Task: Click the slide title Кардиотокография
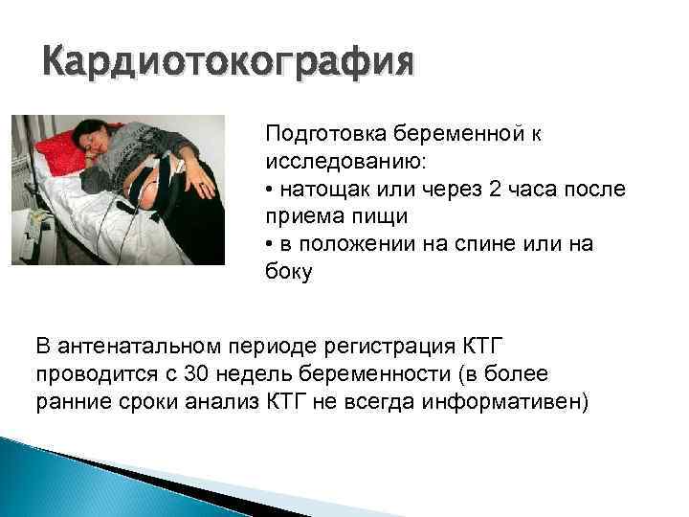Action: (x=230, y=65)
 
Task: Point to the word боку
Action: (x=288, y=272)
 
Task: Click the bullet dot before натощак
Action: (x=271, y=189)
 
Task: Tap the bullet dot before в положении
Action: (x=271, y=244)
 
